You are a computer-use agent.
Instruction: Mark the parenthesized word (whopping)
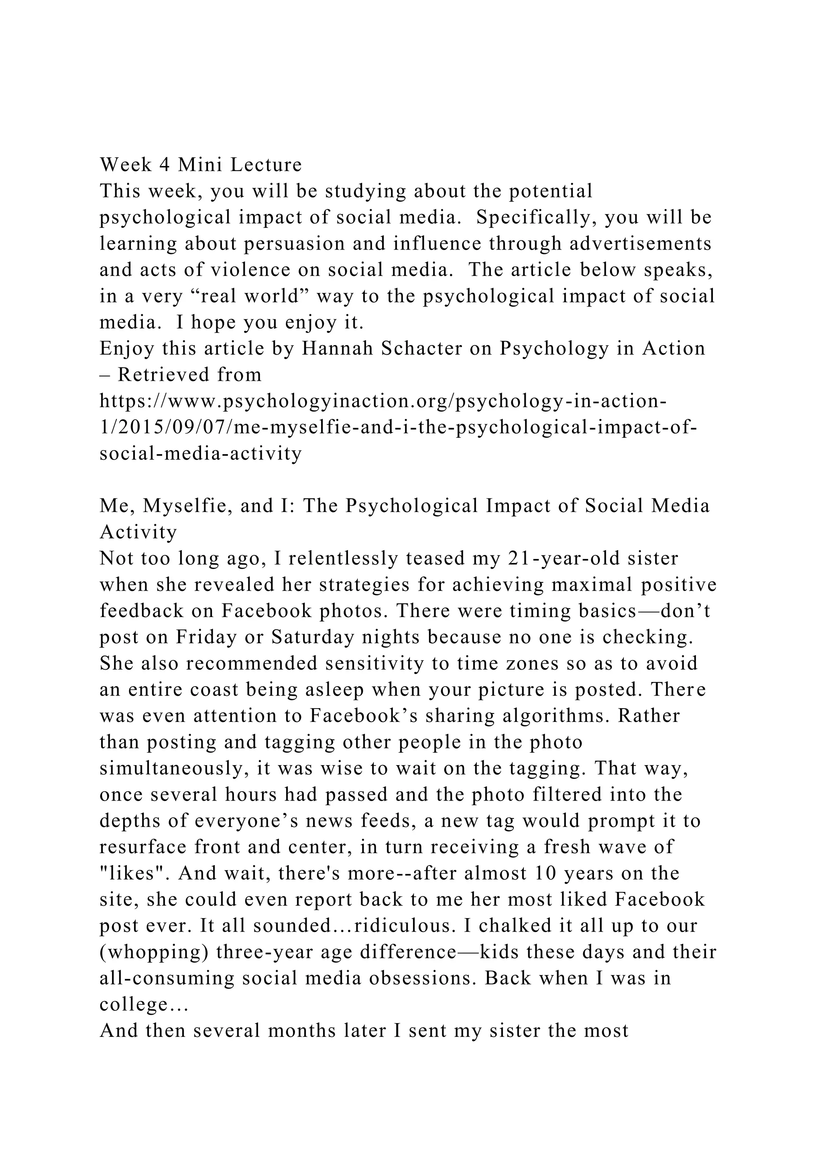click(154, 952)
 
